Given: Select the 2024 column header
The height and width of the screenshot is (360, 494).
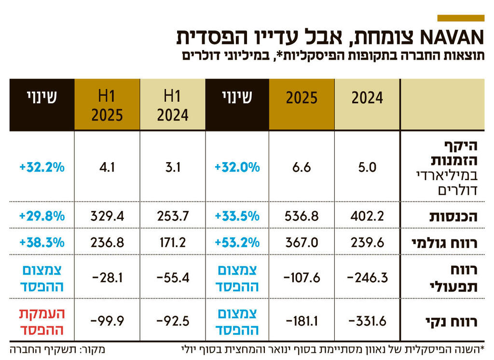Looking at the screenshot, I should [367, 98].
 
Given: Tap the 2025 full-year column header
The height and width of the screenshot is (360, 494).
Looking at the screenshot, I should [302, 98].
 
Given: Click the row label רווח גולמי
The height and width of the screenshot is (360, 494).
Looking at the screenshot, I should [450, 242].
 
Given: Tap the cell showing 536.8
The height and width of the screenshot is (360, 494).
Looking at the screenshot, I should [302, 216].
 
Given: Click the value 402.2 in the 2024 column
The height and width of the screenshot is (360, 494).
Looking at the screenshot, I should [367, 216].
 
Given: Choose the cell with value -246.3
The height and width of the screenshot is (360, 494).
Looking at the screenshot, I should [367, 278].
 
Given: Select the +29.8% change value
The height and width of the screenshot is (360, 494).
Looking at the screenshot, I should [41, 216].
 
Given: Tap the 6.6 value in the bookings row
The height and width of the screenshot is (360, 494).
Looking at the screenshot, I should [302, 167].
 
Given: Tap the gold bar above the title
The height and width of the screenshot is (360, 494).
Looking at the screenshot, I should [460, 18].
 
